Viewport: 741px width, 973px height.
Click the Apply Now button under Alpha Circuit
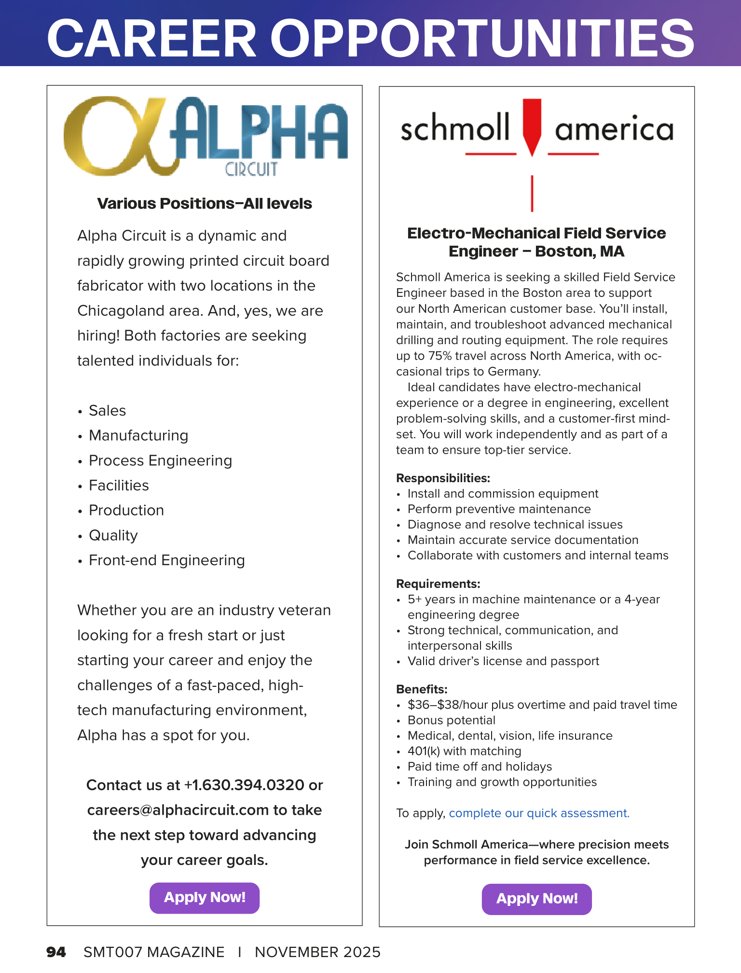205,898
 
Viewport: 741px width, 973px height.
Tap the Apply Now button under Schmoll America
536,899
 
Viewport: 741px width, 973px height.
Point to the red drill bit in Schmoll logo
532,125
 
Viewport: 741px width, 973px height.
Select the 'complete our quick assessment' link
539,813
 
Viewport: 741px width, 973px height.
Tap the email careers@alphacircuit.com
178,810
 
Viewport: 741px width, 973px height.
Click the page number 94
56,952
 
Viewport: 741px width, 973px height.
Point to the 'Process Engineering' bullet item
160,461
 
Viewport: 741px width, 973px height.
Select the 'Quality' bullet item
113,536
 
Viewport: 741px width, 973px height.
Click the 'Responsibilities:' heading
443,478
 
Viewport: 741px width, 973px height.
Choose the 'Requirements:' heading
438,584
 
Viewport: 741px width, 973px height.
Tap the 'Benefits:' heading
422,689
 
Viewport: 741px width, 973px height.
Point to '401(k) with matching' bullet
464,751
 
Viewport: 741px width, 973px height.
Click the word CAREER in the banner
152,39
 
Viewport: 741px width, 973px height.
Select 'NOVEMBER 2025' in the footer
317,952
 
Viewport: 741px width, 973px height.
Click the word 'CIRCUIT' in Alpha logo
251,169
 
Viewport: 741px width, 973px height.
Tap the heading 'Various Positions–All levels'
205,204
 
